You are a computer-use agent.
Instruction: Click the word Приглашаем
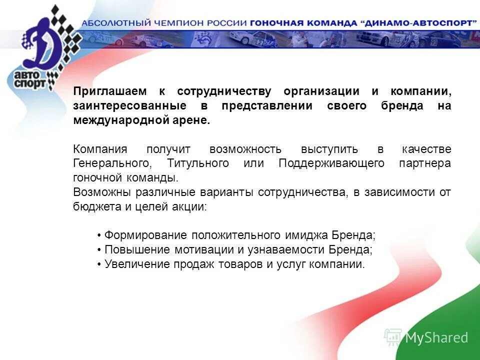pos(110,91)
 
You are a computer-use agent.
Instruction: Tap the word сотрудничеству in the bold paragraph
pos(224,91)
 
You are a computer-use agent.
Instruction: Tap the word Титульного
pos(198,163)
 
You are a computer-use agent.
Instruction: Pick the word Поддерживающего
pos(331,163)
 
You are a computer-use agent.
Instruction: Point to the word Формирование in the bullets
pos(138,235)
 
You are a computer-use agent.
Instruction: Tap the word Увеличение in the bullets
pos(133,264)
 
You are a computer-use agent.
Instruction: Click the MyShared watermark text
pos(436,338)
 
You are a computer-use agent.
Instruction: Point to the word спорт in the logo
pos(29,83)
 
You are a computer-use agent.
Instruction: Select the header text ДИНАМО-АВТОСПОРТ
pos(418,23)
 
